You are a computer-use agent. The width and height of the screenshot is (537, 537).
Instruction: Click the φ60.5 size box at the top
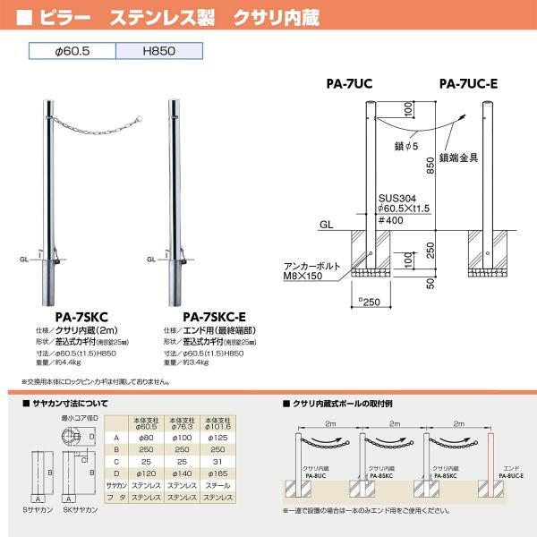(x=72, y=52)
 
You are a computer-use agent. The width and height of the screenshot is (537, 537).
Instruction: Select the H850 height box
(x=158, y=52)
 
